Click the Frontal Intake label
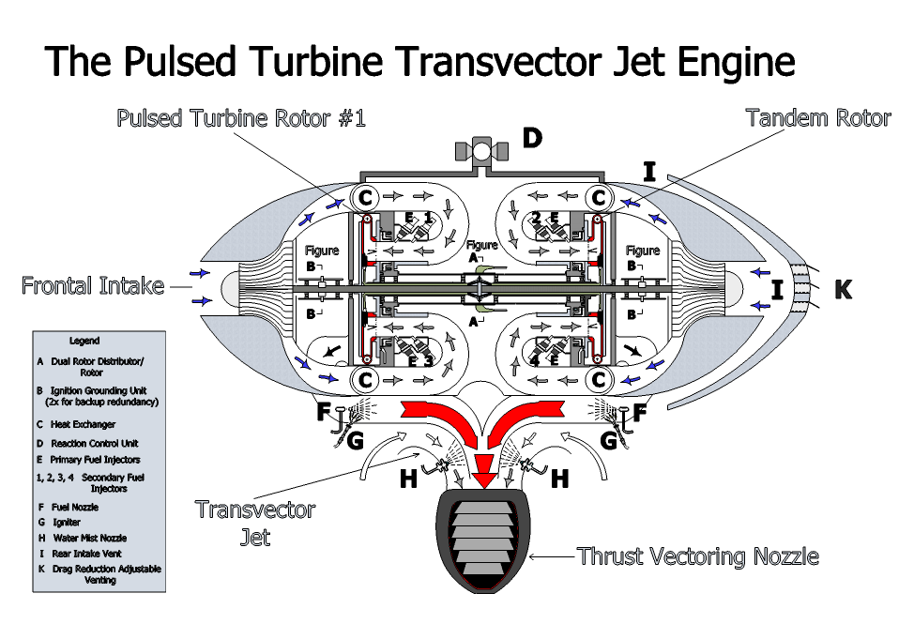(93, 285)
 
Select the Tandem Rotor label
(817, 118)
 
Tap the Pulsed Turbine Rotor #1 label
(240, 118)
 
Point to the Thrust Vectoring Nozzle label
(697, 556)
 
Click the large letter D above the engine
(532, 139)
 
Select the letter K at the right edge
(843, 290)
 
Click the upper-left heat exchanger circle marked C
(364, 198)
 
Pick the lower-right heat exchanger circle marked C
(599, 380)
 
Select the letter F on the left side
(324, 411)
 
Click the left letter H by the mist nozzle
(408, 479)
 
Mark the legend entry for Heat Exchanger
(83, 425)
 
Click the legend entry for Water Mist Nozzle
(88, 539)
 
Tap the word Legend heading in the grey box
(84, 341)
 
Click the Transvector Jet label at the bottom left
(254, 523)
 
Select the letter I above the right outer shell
(648, 171)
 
